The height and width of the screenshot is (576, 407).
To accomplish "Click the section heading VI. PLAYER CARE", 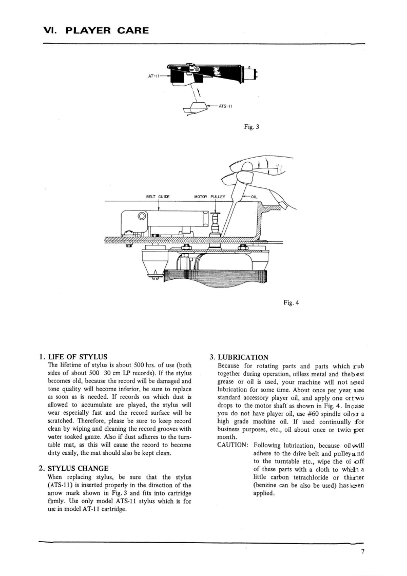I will point(96,30).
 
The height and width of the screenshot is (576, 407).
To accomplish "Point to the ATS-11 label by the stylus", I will point(226,106).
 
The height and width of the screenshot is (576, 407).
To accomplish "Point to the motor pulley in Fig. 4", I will point(216,221).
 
